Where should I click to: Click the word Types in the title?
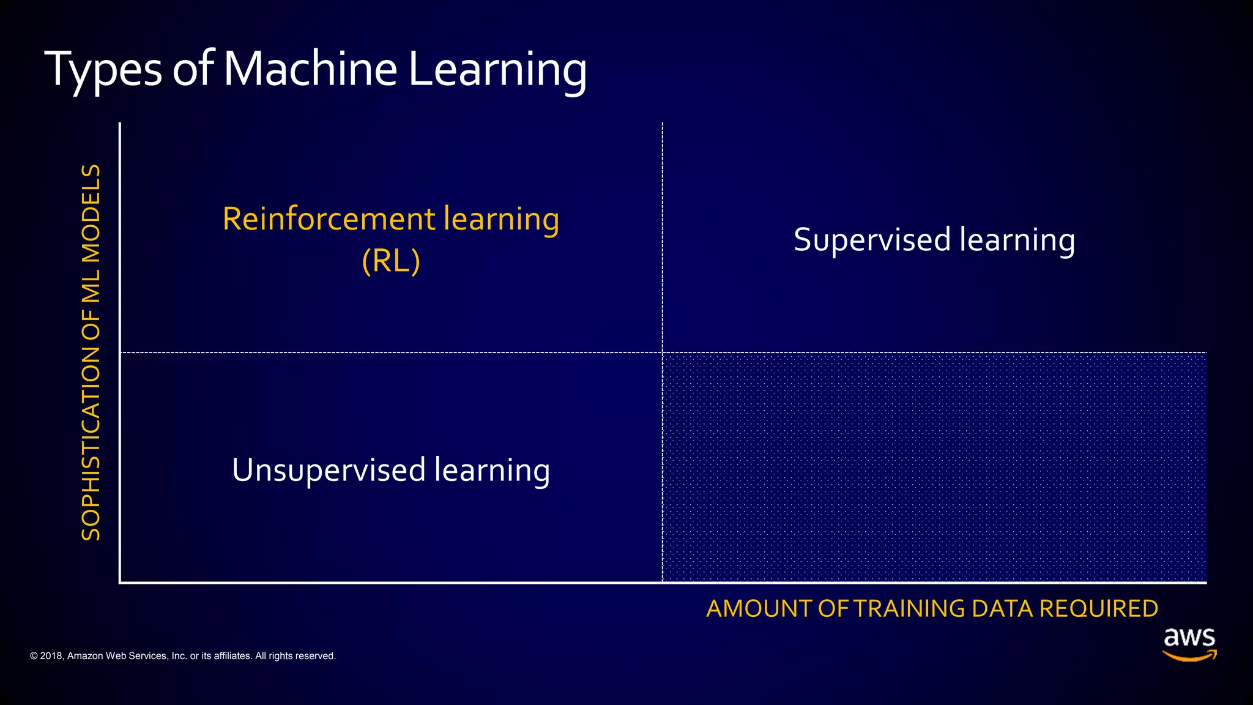[103, 69]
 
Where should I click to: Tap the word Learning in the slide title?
[497, 69]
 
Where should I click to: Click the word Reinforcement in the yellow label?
[329, 219]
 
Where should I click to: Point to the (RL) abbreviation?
[391, 261]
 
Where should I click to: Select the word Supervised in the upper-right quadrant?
[872, 240]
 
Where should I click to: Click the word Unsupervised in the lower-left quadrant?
[329, 471]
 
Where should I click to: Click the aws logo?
[1189, 638]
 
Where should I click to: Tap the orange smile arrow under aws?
[1189, 656]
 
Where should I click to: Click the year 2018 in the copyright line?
[51, 656]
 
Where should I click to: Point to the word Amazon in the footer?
[85, 656]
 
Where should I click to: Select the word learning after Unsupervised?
[492, 471]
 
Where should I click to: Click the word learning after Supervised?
[1017, 240]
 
